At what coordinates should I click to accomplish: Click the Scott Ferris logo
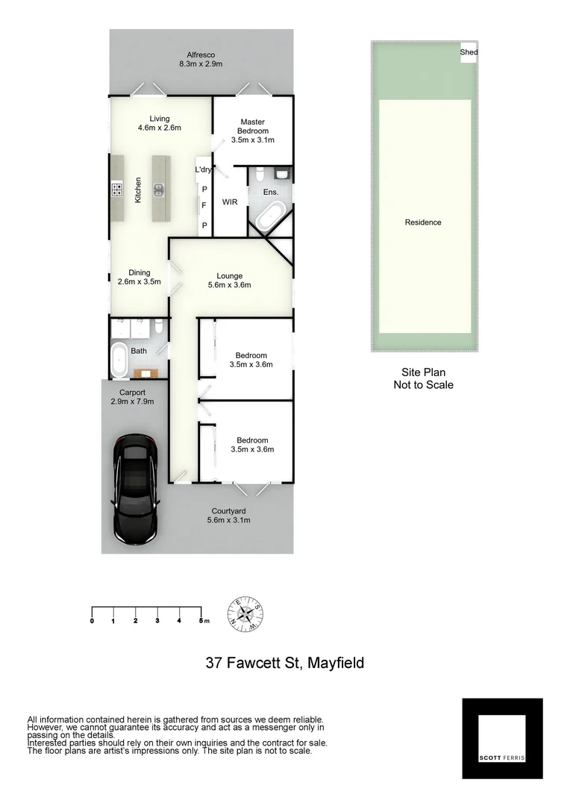click(502, 738)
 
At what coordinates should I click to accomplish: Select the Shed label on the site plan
click(469, 52)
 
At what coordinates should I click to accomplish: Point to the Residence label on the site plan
click(423, 222)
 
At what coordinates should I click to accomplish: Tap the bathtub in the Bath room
click(119, 360)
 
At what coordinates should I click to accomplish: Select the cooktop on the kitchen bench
click(117, 190)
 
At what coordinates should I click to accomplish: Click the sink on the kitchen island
click(159, 189)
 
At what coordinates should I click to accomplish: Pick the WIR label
click(230, 201)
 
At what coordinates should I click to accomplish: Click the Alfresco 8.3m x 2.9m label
click(201, 60)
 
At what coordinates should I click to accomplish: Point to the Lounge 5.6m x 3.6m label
click(229, 281)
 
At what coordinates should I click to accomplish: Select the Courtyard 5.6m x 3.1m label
click(228, 516)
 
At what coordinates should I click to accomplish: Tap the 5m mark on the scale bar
click(202, 620)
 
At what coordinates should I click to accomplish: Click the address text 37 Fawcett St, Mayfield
click(285, 663)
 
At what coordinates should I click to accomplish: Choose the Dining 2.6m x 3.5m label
click(140, 278)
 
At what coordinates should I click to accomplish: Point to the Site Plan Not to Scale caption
click(423, 379)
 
